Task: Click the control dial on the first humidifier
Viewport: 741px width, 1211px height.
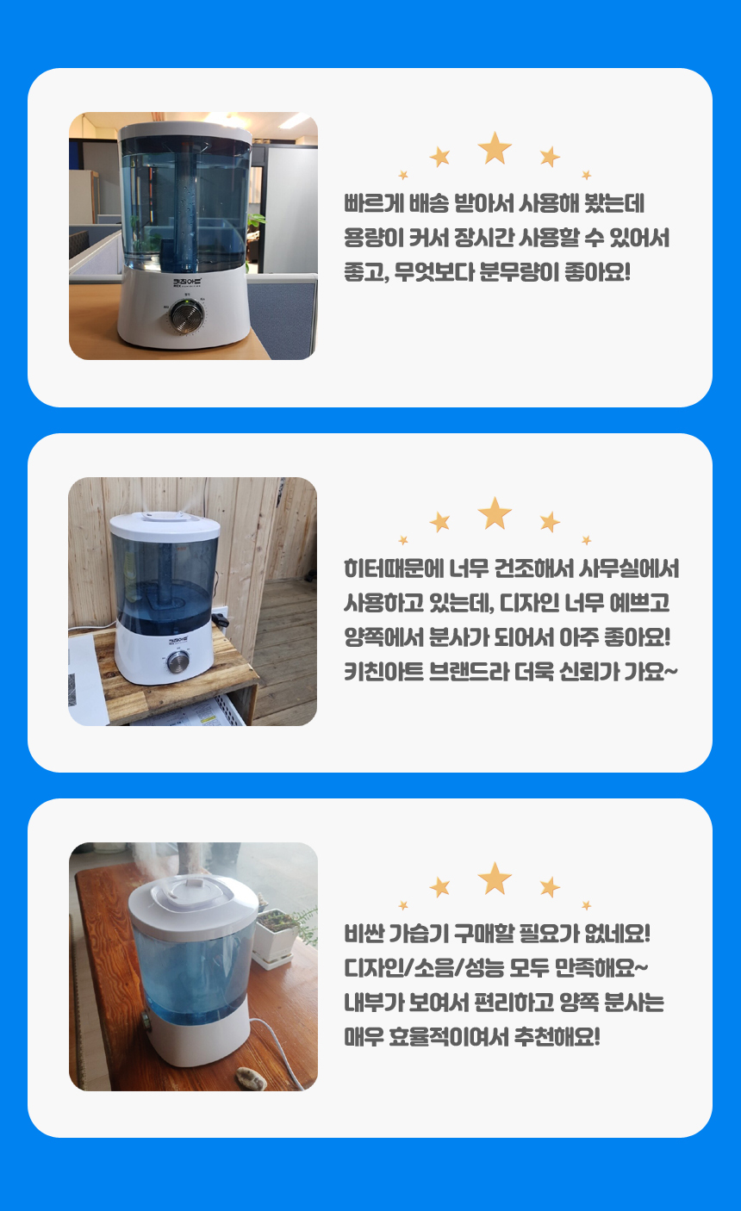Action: click(x=187, y=315)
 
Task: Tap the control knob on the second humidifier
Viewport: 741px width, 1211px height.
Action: click(x=177, y=661)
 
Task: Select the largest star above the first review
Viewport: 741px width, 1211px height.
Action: click(x=495, y=148)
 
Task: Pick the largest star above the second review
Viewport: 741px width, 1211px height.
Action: click(x=495, y=513)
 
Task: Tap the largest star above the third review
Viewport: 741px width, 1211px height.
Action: click(x=495, y=879)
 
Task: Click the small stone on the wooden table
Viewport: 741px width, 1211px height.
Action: click(x=251, y=1078)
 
